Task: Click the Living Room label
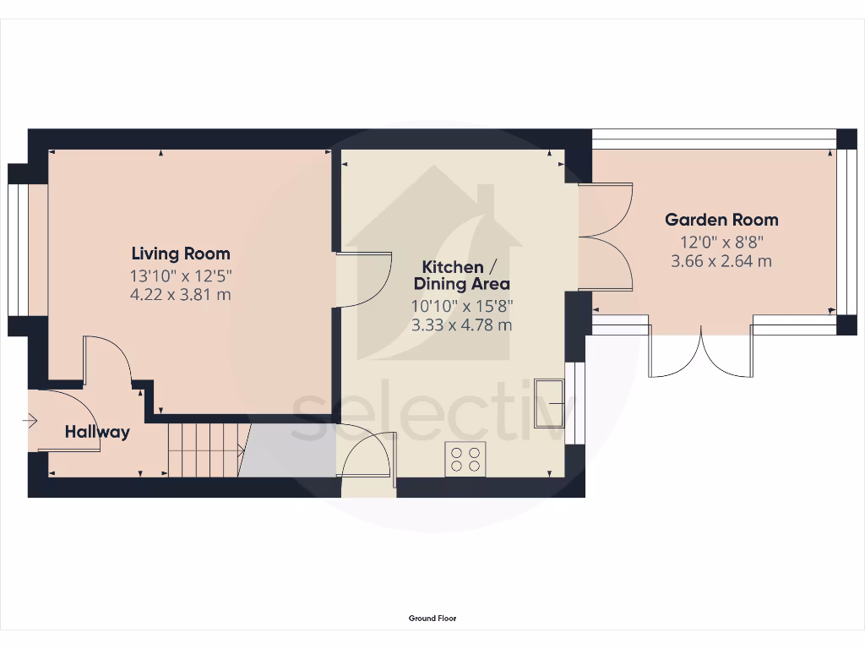181,254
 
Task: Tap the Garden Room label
721,220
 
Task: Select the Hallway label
98,432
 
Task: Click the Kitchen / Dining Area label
461,275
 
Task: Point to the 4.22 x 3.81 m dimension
181,295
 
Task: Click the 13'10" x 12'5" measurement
181,275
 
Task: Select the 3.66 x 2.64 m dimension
721,261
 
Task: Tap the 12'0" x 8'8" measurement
721,241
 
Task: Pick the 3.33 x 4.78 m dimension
461,325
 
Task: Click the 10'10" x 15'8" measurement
461,305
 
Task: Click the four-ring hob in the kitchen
465,459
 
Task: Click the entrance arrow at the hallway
31,419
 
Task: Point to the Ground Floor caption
432,619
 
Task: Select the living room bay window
17,248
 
